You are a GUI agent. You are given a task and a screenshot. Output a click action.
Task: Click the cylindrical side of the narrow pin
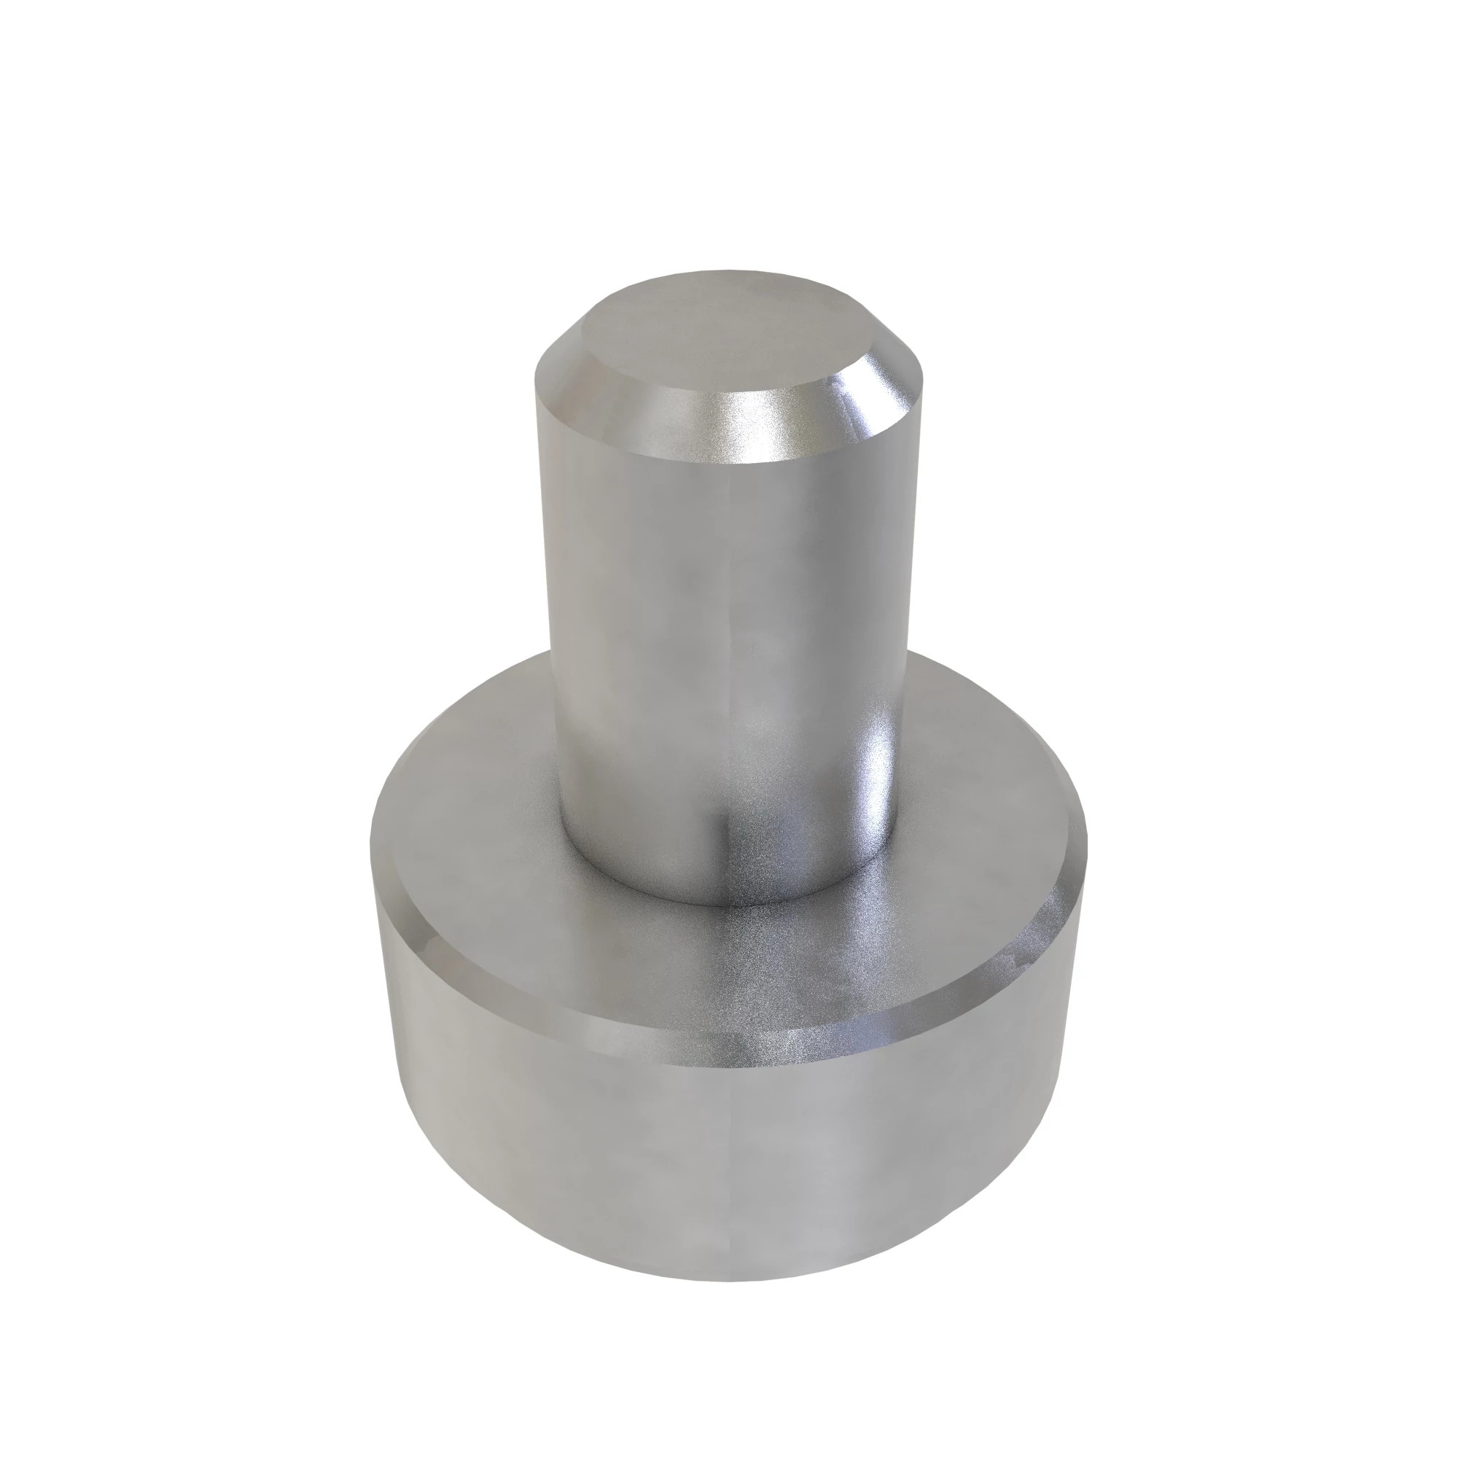pos(679,604)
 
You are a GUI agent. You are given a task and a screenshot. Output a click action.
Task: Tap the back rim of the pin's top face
pos(725,273)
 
